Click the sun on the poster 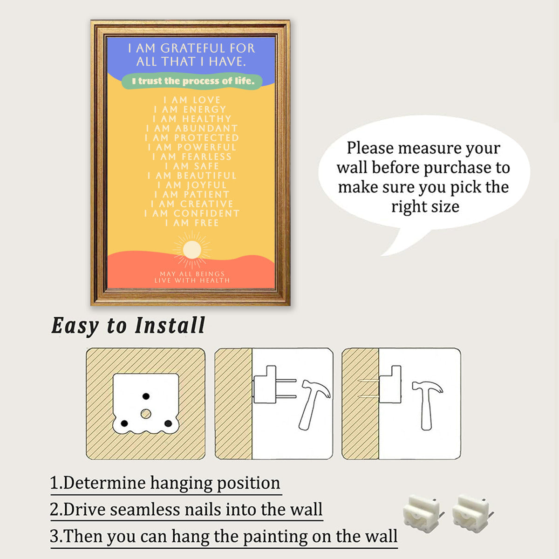tap(192, 250)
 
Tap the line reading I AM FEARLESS tap(192, 157)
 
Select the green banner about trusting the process tap(192, 81)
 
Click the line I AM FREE tap(192, 223)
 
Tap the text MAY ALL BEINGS tap(192, 273)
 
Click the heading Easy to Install tap(128, 326)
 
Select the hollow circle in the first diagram tap(146, 414)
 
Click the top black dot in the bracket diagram tap(146, 396)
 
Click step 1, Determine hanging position tap(165, 483)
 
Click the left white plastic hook tap(424, 514)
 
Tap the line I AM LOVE tap(192, 100)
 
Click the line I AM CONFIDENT tap(192, 213)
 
